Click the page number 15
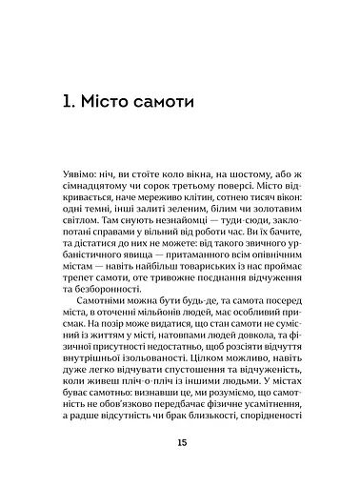click(181, 444)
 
